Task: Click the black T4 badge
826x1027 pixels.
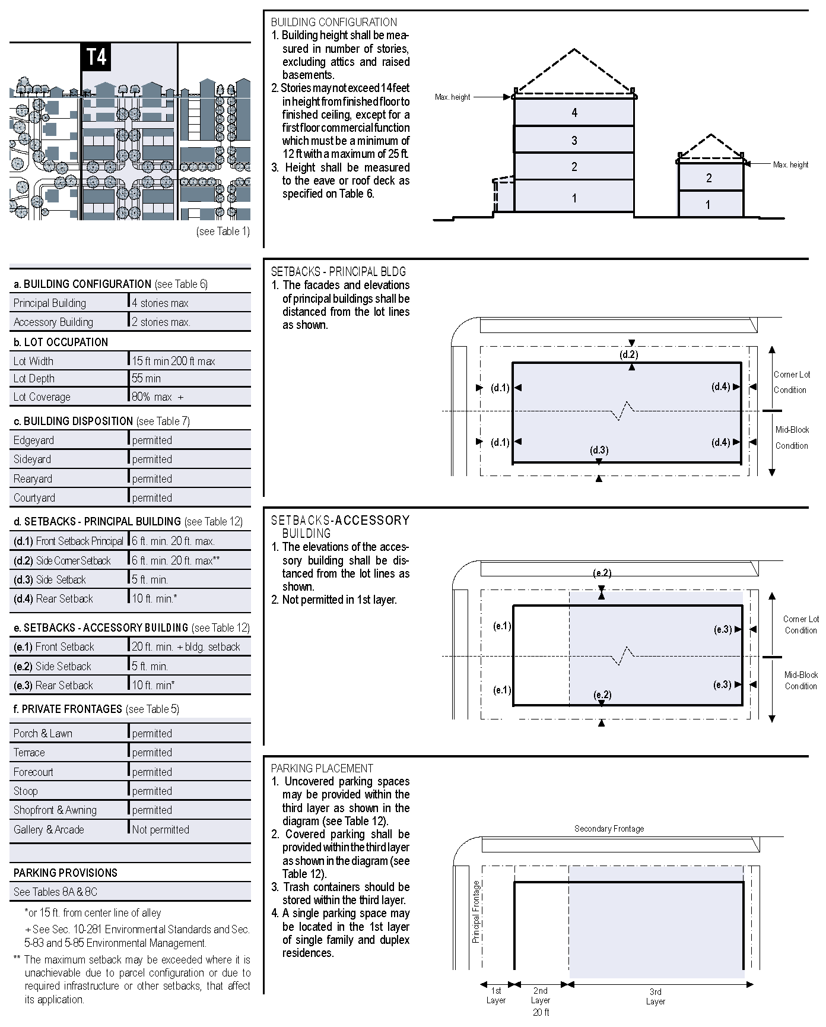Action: [96, 57]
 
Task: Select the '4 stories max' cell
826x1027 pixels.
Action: [160, 303]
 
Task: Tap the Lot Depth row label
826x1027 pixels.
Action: [34, 378]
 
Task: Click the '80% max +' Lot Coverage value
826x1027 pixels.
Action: [158, 397]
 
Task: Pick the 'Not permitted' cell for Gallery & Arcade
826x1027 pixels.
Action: [160, 829]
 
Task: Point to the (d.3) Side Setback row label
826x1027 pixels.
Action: [50, 579]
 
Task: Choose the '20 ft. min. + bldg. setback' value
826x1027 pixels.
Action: [186, 646]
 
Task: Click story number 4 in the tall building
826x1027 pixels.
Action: [574, 112]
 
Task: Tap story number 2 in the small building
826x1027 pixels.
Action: [709, 177]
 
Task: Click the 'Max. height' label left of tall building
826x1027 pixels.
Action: [452, 97]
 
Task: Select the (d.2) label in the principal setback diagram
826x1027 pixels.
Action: [628, 354]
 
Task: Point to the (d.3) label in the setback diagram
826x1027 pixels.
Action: [599, 450]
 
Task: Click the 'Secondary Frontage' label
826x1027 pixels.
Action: [609, 828]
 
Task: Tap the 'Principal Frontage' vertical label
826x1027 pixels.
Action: [475, 911]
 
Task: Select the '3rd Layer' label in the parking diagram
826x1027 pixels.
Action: [655, 996]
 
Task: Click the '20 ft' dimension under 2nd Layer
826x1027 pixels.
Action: [541, 1012]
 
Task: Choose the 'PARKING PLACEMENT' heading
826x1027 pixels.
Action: [322, 768]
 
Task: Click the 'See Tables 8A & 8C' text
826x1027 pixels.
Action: [55, 892]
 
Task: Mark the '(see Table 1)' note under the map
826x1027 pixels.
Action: [223, 231]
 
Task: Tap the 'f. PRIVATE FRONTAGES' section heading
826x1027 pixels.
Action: [68, 709]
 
